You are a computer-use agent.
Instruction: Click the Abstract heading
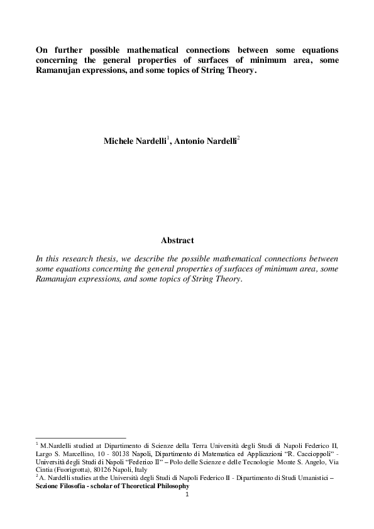pyautogui.click(x=178, y=241)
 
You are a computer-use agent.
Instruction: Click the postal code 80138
pyautogui.click(x=128, y=453)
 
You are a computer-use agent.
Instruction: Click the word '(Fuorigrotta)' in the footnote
pyautogui.click(x=70, y=469)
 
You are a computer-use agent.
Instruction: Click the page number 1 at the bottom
pyautogui.click(x=187, y=494)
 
